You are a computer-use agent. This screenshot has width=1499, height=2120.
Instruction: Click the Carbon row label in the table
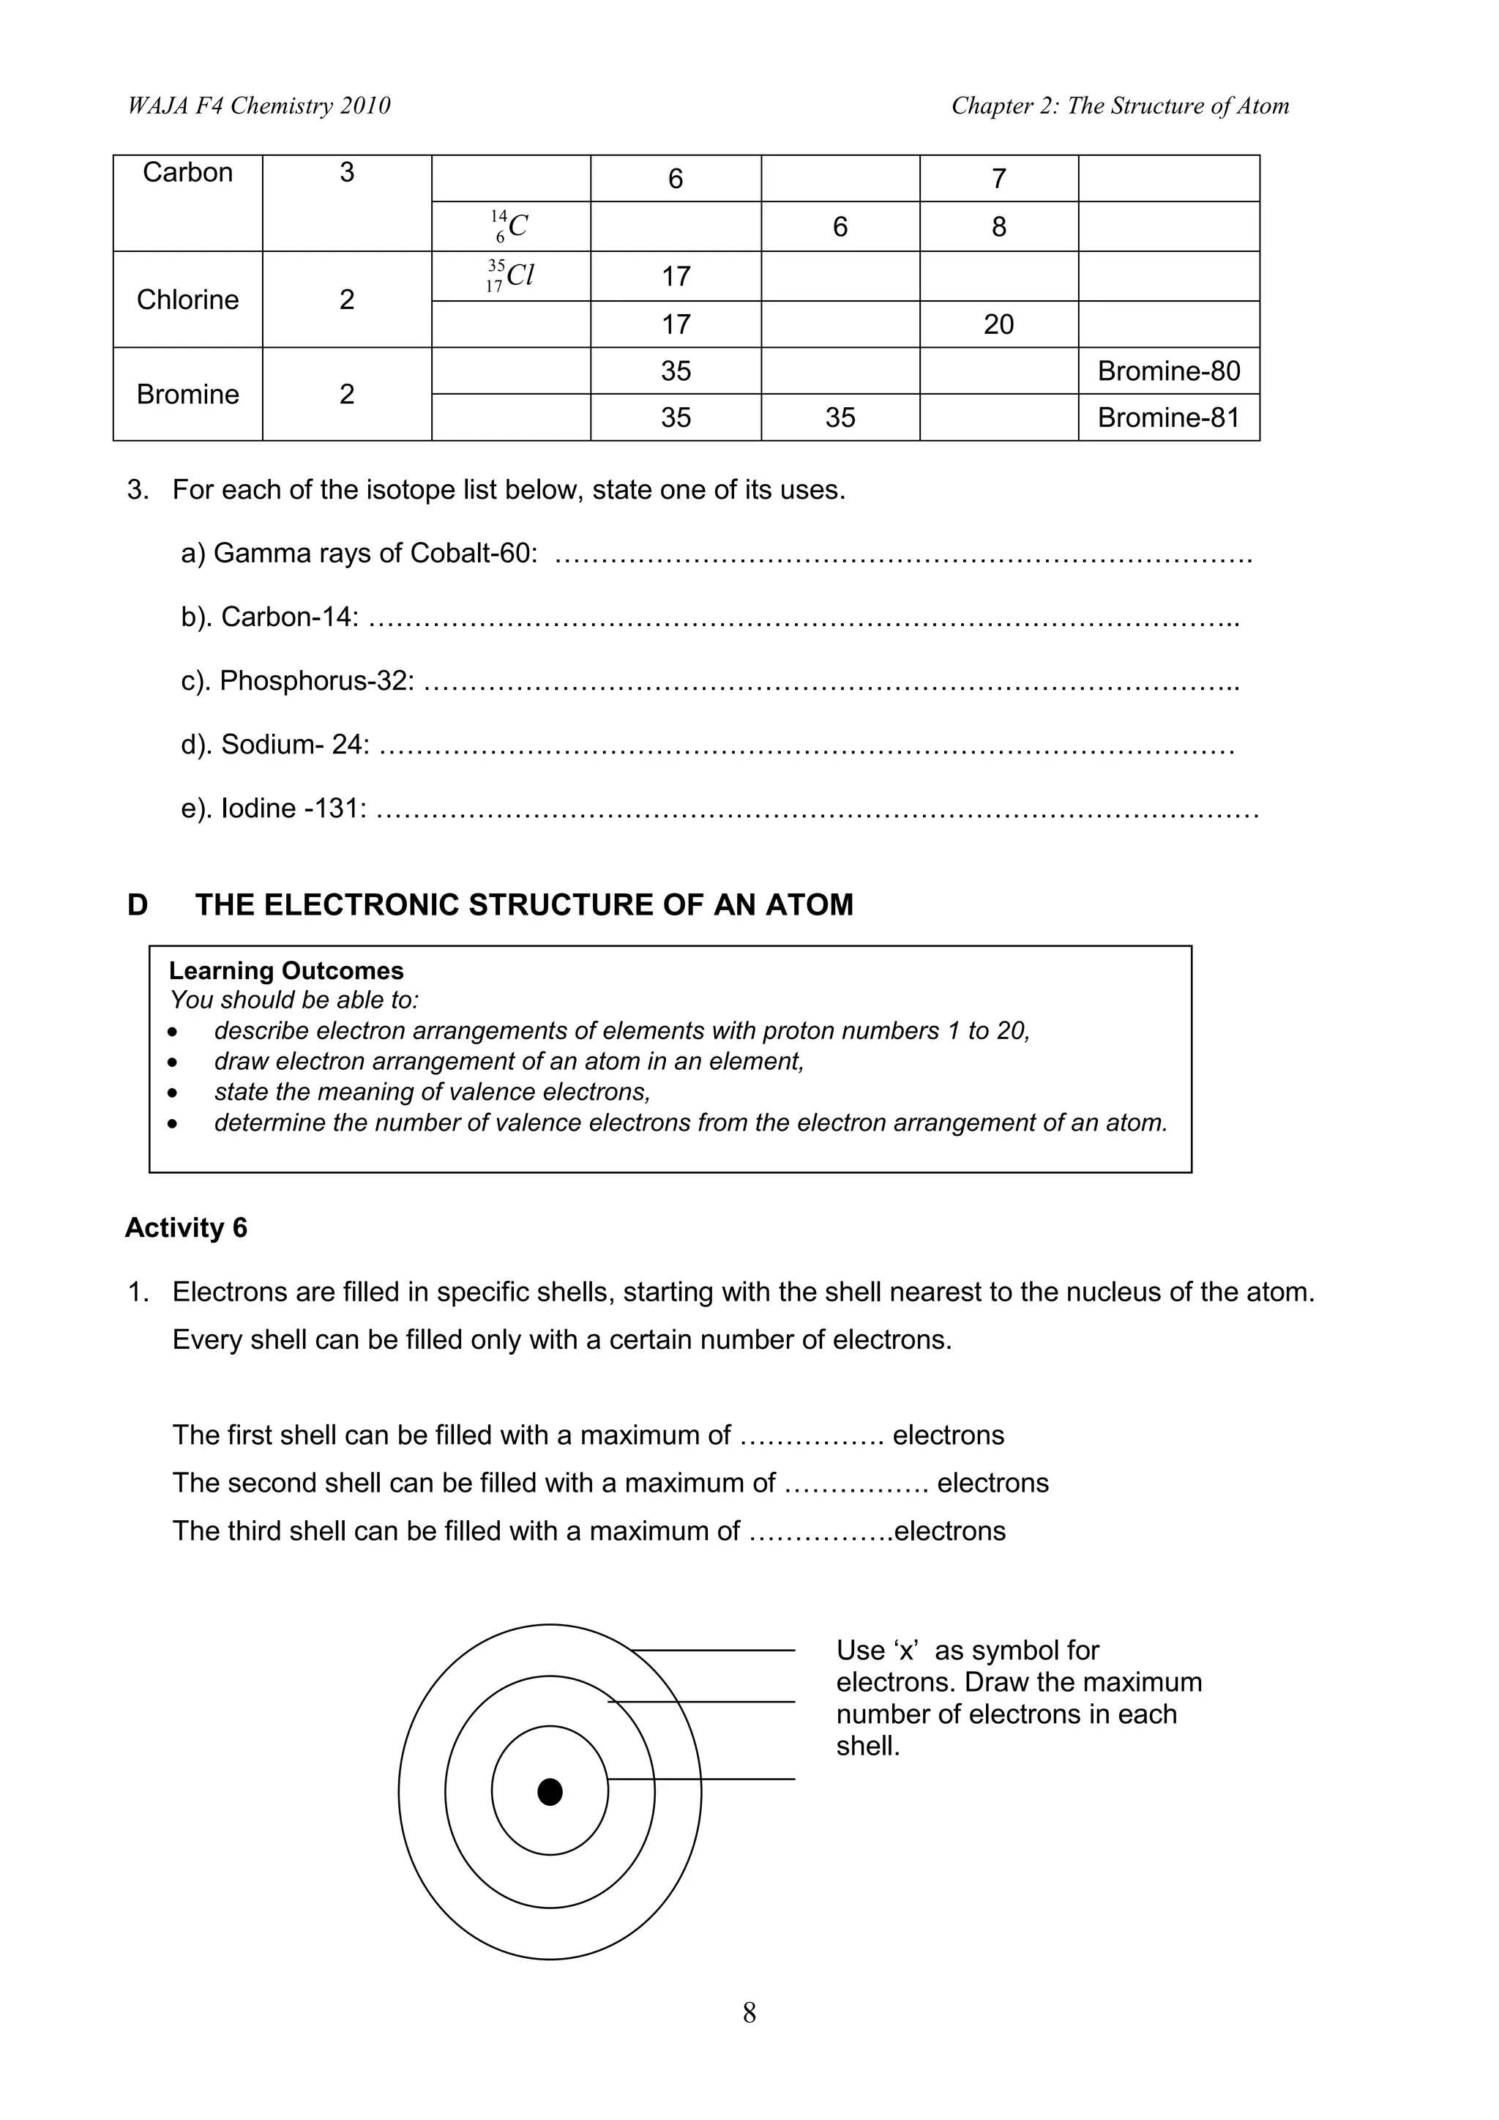click(187, 173)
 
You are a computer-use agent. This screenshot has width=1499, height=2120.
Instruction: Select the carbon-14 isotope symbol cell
click(509, 226)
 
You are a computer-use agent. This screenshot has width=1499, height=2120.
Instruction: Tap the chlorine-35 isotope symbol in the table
click(510, 275)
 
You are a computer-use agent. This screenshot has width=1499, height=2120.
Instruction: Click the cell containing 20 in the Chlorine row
click(998, 324)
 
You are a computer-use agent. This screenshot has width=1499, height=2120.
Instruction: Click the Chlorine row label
click(187, 300)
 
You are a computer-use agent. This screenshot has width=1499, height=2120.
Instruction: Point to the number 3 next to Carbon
click(346, 173)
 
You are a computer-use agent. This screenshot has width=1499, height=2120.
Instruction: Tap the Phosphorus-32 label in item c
click(314, 680)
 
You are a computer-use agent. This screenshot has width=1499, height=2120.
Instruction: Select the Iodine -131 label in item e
click(293, 808)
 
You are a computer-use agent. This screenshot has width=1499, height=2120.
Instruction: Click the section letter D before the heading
click(138, 905)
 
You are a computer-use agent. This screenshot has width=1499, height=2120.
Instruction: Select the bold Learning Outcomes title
click(286, 970)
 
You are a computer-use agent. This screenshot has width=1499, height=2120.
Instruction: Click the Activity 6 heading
click(187, 1228)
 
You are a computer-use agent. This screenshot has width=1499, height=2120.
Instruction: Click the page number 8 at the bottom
click(749, 2013)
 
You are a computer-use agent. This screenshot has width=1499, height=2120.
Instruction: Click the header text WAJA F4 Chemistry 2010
click(258, 106)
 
